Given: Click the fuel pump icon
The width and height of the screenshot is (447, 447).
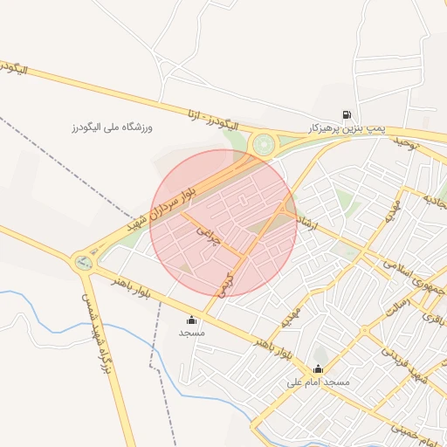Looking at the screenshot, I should [x=347, y=114].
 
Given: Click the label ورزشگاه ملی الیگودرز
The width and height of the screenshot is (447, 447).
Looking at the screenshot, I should [x=112, y=127].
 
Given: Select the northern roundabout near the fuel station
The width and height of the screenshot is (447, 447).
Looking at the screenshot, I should [x=262, y=144].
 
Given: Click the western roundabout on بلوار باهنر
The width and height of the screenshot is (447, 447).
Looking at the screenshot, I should [x=84, y=259].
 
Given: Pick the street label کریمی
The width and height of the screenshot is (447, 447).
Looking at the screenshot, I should [x=228, y=285].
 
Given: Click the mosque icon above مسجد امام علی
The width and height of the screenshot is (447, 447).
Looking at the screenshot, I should [x=318, y=368].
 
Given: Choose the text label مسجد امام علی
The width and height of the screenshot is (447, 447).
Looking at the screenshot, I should [x=318, y=382].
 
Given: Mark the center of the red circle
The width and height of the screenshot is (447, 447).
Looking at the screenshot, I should [x=223, y=223].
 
